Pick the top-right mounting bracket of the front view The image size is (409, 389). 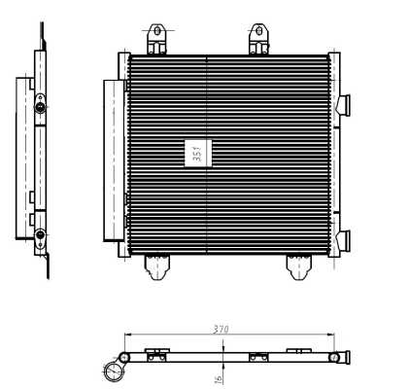click(259, 39)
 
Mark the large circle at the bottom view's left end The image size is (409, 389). click(115, 370)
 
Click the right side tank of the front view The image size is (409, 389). click(331, 156)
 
